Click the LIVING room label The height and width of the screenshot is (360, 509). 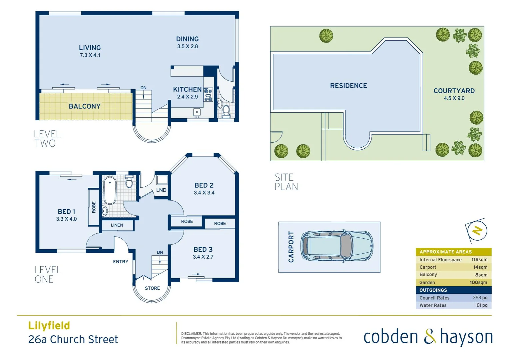tap(90, 48)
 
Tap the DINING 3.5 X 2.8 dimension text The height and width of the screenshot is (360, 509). tap(187, 47)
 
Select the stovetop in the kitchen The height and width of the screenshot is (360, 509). tap(208, 95)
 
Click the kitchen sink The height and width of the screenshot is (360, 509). tap(197, 112)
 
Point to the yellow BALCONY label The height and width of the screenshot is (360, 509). tap(85, 106)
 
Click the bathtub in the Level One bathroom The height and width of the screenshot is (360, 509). tap(109, 190)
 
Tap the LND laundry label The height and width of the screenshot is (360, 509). tap(161, 190)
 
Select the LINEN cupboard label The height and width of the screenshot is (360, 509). tap(117, 225)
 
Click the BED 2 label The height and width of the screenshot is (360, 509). tap(204, 185)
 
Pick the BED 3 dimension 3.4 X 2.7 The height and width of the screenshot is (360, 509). tap(203, 257)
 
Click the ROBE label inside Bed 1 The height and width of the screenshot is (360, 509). tap(94, 207)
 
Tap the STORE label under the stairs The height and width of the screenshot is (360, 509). tap(152, 288)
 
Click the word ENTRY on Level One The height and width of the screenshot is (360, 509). tap(121, 262)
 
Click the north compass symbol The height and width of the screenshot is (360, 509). tap(477, 230)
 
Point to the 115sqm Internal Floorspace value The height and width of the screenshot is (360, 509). tap(479, 260)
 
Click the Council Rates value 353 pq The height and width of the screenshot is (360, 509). tap(480, 298)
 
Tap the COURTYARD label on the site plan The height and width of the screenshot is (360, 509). tap(454, 91)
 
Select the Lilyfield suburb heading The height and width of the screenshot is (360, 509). tap(49, 326)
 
